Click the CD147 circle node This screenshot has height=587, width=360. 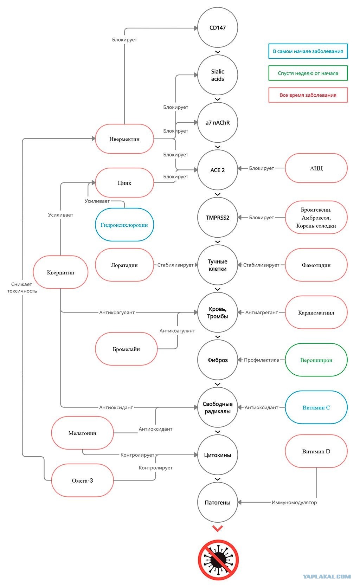coord(218,27)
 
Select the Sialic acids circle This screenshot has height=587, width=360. coord(218,75)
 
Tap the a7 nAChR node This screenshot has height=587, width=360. coord(218,122)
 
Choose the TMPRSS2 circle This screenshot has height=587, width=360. coord(218,218)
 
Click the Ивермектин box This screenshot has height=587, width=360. coord(124,139)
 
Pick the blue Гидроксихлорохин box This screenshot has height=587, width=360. coord(124,225)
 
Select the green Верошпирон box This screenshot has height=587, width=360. coord(316,360)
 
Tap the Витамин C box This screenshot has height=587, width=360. coord(316,407)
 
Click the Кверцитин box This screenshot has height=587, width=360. coord(60,272)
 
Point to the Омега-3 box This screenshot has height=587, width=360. coord(82,480)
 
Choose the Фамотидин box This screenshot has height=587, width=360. coord(316,265)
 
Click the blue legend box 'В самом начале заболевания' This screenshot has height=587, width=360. coord(308,51)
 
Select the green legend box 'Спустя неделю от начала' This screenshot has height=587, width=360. coord(308,73)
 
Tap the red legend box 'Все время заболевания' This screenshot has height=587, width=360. coord(308,95)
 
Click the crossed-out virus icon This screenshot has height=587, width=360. coord(218,560)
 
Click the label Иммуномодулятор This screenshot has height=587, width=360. coord(294,502)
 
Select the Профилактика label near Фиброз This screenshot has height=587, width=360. coord(261,360)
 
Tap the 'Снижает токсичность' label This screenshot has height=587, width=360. coord(22,288)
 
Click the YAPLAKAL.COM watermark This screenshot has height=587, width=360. coord(327,576)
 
